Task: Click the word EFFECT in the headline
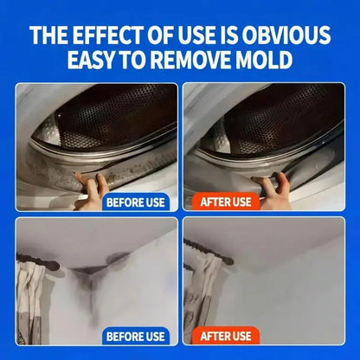(107, 35)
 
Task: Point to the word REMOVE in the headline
(190, 60)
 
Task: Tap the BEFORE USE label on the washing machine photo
(136, 202)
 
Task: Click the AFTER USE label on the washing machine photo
(226, 202)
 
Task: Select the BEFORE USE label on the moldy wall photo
(136, 337)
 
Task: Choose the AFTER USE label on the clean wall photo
(226, 336)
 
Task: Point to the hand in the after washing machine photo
(274, 190)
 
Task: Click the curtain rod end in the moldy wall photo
(54, 265)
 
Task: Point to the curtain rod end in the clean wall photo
(228, 260)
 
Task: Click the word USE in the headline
(196, 35)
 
